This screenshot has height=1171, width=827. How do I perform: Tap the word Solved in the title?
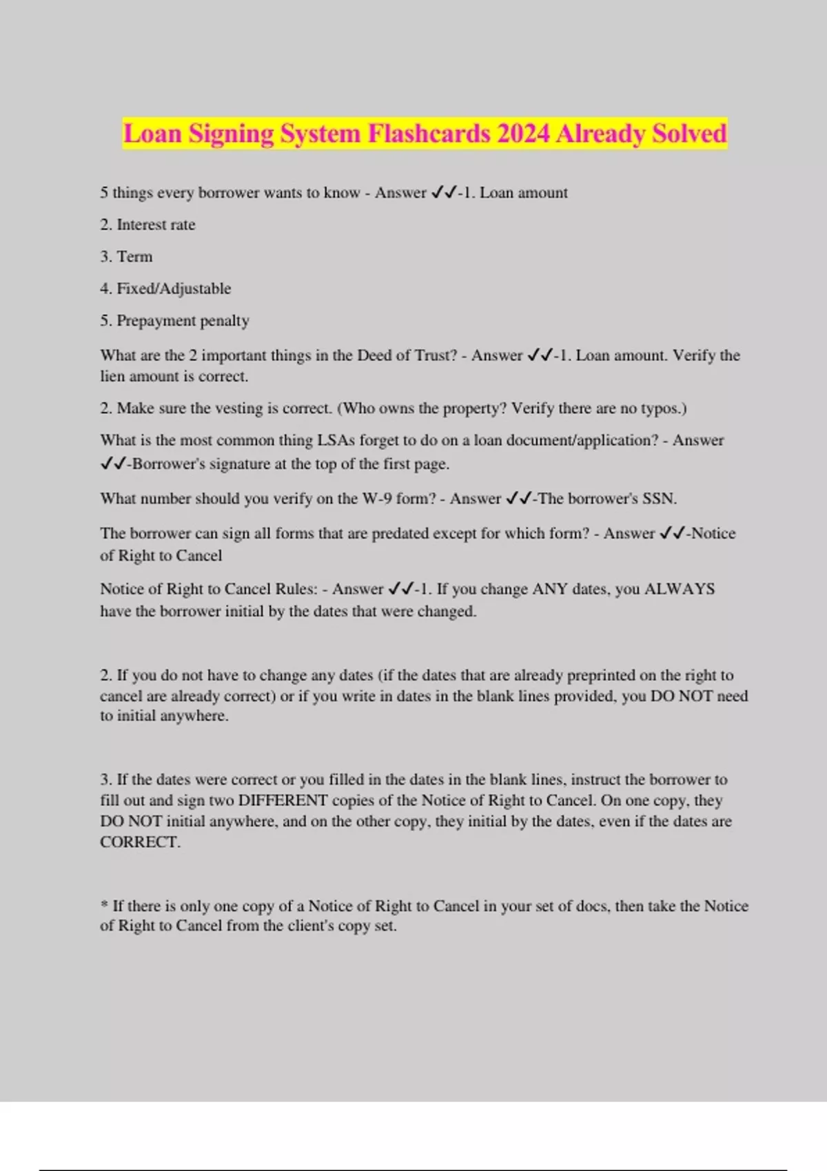[x=689, y=134]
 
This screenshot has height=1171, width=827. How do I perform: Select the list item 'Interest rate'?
[x=156, y=225]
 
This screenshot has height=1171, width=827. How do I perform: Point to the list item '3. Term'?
[x=126, y=257]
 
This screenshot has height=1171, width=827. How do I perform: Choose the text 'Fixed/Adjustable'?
[x=174, y=289]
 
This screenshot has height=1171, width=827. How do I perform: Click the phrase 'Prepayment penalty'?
[x=183, y=320]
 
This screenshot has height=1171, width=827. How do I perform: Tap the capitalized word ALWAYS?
[x=679, y=589]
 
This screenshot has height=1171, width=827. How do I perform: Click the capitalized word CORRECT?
[x=139, y=842]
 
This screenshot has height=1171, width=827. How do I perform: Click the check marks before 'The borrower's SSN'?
[x=518, y=499]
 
